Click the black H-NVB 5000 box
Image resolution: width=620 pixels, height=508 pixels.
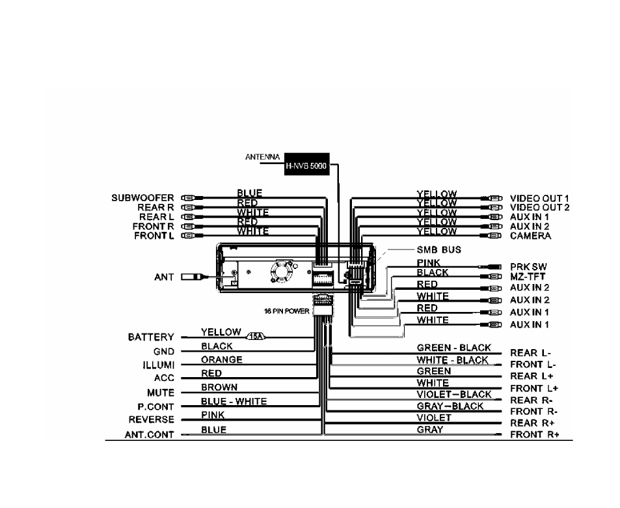coord(307,164)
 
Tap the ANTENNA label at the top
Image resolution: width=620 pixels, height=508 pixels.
coord(263,157)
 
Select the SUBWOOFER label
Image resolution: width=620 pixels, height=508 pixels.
coord(142,197)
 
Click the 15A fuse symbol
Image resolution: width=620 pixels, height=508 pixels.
coord(256,337)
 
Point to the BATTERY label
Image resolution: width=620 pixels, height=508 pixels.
coord(151,337)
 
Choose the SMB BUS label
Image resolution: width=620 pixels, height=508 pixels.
coord(439,250)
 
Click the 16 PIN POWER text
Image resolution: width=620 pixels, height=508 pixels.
coord(287,311)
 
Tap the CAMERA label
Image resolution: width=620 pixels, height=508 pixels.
coord(530,236)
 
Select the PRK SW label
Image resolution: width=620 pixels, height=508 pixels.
coord(528,267)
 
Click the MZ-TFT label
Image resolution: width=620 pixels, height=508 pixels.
coord(528,276)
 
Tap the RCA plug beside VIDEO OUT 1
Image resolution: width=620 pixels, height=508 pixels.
coord(491,198)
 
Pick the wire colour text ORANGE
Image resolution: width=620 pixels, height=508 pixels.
coord(222,360)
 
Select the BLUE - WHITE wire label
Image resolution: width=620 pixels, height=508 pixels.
coord(234,401)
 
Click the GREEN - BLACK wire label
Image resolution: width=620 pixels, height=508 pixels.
coord(454,348)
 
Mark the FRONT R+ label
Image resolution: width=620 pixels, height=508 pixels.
coord(535,434)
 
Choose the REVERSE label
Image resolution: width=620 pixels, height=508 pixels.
coord(152,419)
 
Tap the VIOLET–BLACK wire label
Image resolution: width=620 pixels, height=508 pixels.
coord(454,395)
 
